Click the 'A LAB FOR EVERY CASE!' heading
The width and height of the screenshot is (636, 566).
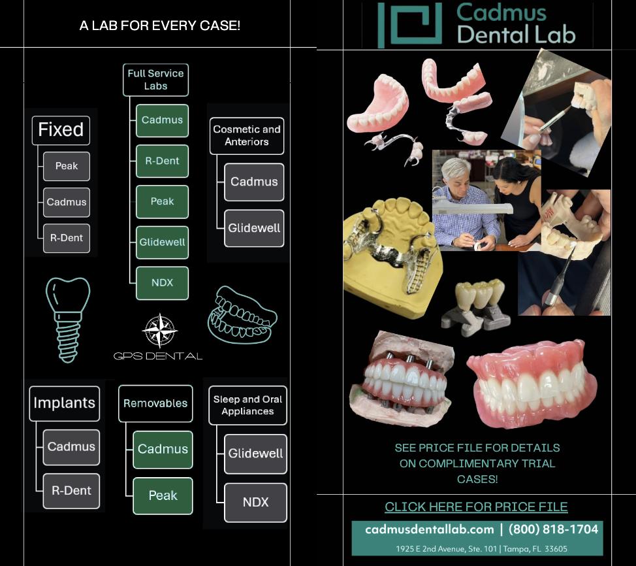(159, 26)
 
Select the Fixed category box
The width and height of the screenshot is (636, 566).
(61, 130)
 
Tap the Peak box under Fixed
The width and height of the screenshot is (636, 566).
(66, 166)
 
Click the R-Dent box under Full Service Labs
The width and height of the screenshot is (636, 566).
(162, 161)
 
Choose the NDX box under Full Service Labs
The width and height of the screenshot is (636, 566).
(162, 282)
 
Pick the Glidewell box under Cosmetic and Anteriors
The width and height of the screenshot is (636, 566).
(254, 228)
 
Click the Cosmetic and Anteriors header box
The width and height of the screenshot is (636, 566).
(246, 135)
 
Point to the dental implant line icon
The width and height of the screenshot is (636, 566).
(68, 319)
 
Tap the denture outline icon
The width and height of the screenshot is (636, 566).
(242, 314)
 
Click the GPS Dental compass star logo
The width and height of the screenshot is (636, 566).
(159, 331)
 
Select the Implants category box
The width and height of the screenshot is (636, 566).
(64, 403)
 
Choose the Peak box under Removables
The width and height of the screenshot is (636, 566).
(163, 495)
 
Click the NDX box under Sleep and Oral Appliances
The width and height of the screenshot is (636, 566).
(255, 502)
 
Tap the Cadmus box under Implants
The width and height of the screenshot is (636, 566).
(71, 447)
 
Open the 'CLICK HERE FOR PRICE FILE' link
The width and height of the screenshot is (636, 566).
(476, 507)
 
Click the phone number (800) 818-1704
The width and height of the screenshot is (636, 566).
(553, 529)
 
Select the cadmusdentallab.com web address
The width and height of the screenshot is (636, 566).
(429, 529)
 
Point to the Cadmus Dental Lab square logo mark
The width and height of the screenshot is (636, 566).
(409, 25)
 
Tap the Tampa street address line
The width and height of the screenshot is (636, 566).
(481, 548)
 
